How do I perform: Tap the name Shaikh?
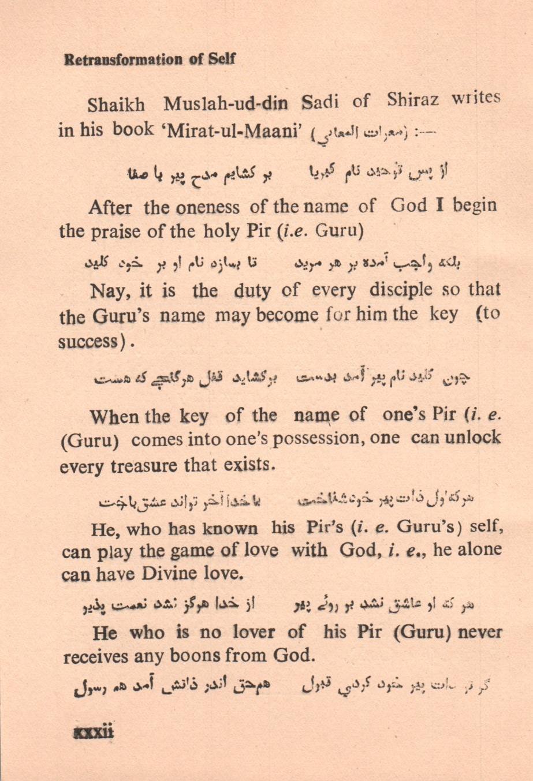(x=116, y=106)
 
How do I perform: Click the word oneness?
(x=208, y=207)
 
